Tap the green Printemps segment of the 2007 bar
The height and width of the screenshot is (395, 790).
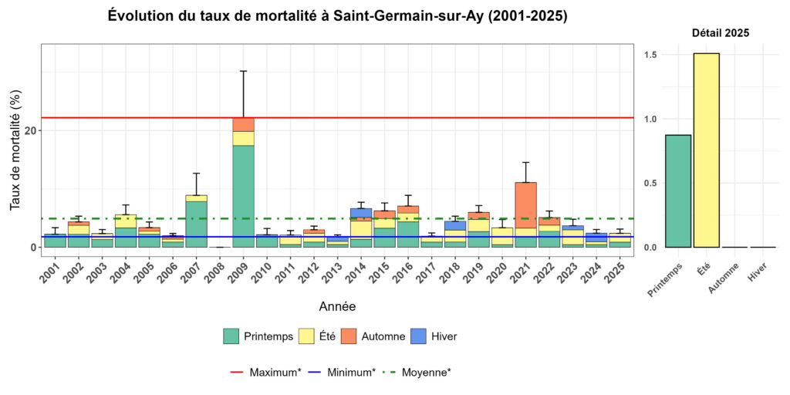(196, 224)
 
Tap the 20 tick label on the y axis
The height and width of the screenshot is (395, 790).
(28, 131)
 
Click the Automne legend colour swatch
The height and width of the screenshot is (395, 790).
(348, 336)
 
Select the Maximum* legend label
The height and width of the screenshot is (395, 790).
(275, 373)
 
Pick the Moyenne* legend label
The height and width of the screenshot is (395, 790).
(427, 373)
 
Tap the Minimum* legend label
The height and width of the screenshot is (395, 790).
(351, 373)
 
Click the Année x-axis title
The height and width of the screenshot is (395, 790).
(337, 306)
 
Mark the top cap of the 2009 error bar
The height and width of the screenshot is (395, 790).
(243, 71)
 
